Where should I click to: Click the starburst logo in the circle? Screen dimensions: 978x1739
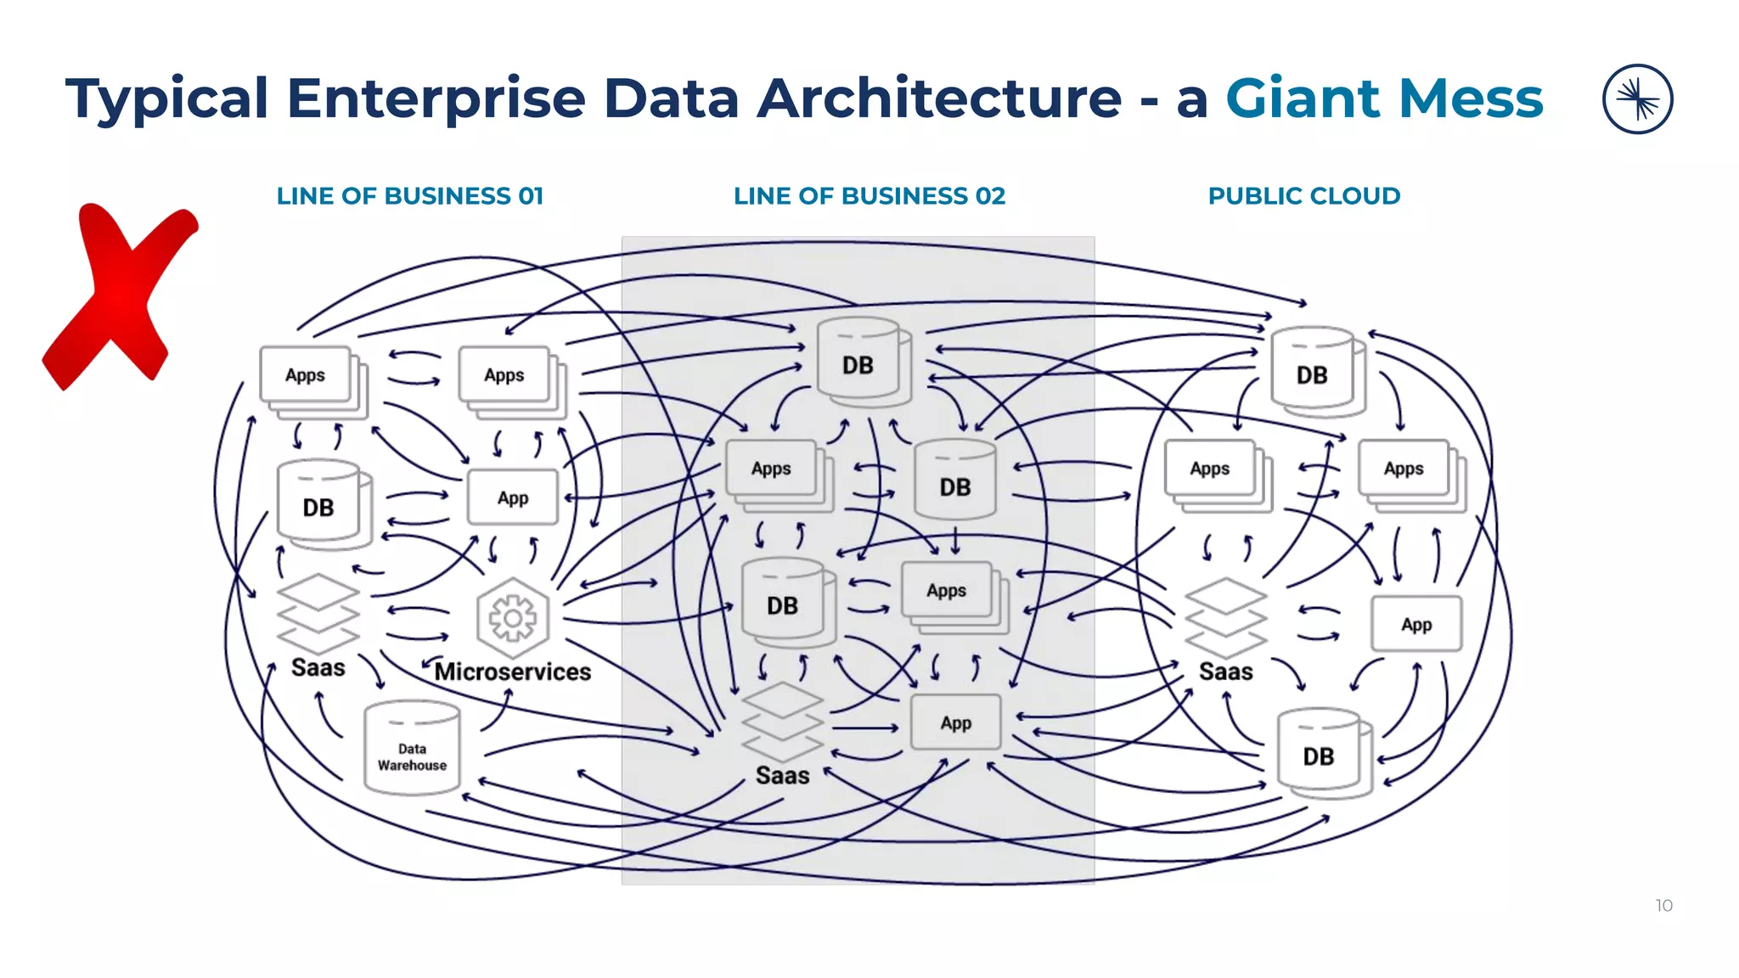click(x=1637, y=99)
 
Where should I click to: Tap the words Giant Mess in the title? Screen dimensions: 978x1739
click(x=1383, y=98)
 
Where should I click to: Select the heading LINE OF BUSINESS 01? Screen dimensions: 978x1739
click(x=409, y=196)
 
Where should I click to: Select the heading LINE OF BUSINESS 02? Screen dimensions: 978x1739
click(x=869, y=196)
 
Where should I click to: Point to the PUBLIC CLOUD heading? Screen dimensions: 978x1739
click(x=1303, y=196)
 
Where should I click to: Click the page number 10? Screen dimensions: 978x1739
click(x=1663, y=906)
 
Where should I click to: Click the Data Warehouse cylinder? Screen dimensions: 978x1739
click(x=412, y=749)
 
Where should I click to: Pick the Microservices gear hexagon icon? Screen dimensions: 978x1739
click(x=512, y=618)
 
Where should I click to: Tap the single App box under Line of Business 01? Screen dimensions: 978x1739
click(x=513, y=497)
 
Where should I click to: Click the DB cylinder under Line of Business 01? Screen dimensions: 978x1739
click(x=321, y=505)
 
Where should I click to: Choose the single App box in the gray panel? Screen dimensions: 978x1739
click(x=956, y=722)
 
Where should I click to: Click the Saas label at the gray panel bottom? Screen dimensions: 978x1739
click(x=782, y=775)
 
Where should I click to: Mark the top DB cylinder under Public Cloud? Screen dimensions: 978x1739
click(x=1314, y=372)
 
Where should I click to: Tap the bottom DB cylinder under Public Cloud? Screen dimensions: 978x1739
click(x=1321, y=753)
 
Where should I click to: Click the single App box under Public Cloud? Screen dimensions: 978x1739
click(x=1416, y=624)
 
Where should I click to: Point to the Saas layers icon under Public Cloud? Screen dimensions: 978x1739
click(x=1225, y=618)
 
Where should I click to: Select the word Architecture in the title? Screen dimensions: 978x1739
click(x=938, y=98)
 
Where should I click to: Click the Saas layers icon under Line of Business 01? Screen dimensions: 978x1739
click(x=318, y=613)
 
